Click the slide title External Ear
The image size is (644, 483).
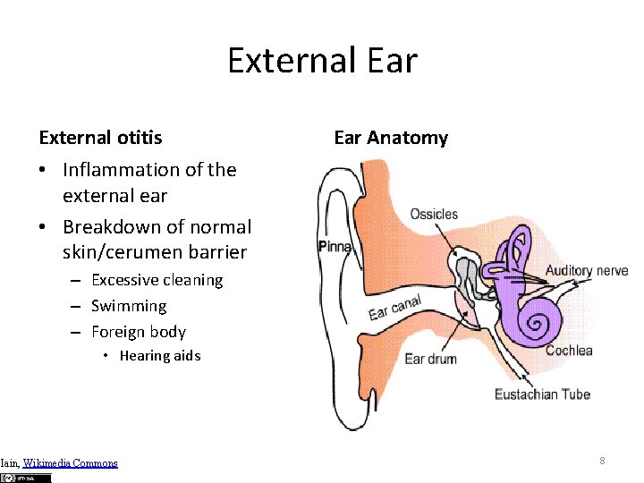click(x=322, y=61)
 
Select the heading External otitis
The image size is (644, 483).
click(x=101, y=138)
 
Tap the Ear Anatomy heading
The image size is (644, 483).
click(x=391, y=138)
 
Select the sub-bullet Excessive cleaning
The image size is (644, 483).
click(x=157, y=280)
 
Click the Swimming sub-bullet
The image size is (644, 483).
click(x=129, y=306)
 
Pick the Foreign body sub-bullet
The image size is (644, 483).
click(x=139, y=332)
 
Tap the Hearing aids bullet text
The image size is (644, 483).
click(x=160, y=356)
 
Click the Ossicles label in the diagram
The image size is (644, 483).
click(x=434, y=215)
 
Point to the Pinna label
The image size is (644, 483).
click(x=335, y=246)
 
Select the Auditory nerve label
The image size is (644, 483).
click(x=587, y=271)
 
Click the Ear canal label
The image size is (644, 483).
click(x=395, y=307)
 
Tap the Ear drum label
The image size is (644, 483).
click(x=430, y=359)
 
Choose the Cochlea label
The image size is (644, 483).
click(x=569, y=351)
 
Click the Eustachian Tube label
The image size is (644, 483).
click(x=542, y=394)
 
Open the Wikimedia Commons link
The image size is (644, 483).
click(x=70, y=463)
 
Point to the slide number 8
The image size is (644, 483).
click(x=602, y=461)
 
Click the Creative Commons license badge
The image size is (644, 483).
click(x=27, y=478)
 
